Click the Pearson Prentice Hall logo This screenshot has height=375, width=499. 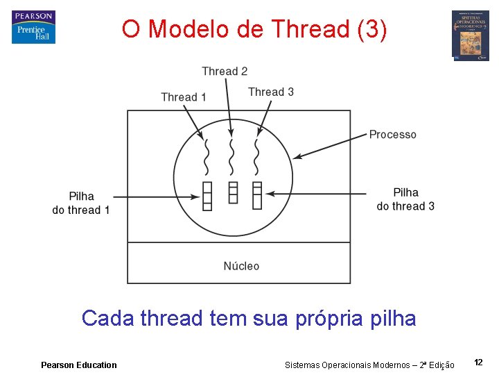coord(33,27)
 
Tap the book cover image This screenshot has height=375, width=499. coord(470,35)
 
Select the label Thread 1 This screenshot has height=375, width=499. coord(183,97)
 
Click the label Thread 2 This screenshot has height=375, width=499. coord(225,71)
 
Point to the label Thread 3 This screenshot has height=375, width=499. coord(271,92)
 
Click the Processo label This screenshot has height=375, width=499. coord(392,134)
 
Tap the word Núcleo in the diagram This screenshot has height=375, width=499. coord(241,266)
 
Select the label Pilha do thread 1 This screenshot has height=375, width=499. coord(81,203)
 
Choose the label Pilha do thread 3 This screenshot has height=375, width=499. coord(405,199)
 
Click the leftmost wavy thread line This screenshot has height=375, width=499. coord(207,158)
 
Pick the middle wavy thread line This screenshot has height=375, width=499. coord(232,158)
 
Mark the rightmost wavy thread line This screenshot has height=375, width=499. coord(256,158)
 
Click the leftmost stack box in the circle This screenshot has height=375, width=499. coord(207,195)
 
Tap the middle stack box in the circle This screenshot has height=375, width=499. coord(233,192)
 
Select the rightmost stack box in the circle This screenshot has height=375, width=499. coord(257,195)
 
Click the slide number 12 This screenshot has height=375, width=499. coord(478,362)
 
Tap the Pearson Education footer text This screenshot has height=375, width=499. coord(79,365)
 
